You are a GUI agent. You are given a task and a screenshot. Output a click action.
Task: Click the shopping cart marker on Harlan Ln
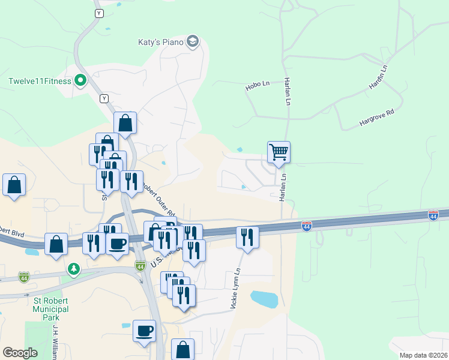[279, 152]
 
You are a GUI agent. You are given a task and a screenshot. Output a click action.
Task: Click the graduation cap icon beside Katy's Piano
[193, 41]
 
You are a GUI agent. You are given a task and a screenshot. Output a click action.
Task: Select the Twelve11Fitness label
[40, 81]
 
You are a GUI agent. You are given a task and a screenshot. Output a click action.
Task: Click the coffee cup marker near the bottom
[144, 331]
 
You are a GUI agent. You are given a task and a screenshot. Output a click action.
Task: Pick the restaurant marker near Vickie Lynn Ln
[247, 237]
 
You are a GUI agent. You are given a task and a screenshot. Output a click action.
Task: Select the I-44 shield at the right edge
[433, 215]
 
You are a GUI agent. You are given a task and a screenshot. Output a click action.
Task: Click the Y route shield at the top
[98, 13]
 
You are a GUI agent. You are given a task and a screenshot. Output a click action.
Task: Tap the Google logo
[20, 353]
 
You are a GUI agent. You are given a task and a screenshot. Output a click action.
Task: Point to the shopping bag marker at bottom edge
[183, 350]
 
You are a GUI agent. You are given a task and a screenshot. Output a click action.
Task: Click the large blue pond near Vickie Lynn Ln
[264, 299]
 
